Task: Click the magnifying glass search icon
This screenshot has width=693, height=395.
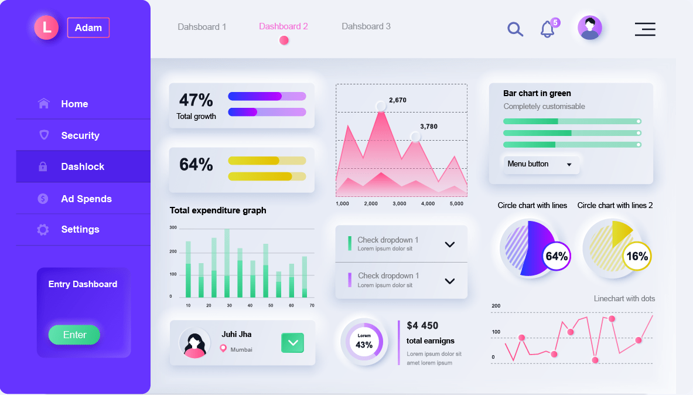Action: (515, 29)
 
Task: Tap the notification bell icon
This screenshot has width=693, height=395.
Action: (548, 29)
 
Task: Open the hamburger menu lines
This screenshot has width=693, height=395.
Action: (645, 29)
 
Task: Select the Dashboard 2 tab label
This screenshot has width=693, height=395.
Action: (284, 26)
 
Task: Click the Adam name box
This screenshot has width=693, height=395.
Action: (88, 28)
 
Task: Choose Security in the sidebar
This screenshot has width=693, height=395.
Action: (80, 135)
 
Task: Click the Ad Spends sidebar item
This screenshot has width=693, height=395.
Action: (86, 199)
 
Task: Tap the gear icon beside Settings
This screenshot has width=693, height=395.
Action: (43, 230)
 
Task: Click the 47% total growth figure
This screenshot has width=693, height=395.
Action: (196, 100)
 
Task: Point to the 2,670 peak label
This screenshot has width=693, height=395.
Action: (398, 100)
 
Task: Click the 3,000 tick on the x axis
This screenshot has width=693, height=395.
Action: (400, 204)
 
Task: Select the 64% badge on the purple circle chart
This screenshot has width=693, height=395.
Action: (557, 256)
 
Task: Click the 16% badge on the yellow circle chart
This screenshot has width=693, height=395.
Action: (637, 256)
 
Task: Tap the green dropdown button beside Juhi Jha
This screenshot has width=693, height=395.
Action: (292, 343)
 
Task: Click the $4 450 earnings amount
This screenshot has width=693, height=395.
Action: (422, 326)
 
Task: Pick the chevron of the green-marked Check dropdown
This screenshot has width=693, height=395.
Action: (450, 244)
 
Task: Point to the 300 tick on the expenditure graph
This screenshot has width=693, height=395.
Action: (173, 227)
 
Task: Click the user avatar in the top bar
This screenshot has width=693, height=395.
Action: (590, 28)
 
